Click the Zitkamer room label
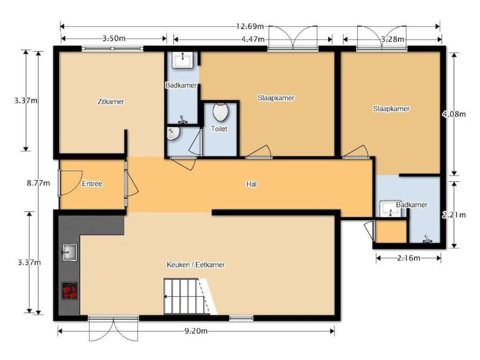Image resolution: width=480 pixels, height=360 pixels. [x=111, y=102]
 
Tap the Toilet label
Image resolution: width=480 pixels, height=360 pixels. [x=219, y=129]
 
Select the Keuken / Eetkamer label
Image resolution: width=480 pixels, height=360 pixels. [x=195, y=265]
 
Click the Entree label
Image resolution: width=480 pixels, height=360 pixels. [x=92, y=183]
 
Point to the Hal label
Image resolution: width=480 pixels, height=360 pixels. [x=251, y=184]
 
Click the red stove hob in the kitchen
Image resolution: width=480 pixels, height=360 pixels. [x=70, y=291]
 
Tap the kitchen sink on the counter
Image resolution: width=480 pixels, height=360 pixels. [x=70, y=252]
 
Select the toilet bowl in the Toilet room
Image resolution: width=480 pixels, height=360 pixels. [x=221, y=112]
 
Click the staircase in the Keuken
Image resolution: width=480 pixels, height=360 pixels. [x=190, y=296]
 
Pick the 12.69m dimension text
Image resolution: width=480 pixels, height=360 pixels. [x=250, y=26]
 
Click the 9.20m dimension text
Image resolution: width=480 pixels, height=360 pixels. [x=196, y=331]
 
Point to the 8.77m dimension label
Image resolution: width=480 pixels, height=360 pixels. [x=38, y=183]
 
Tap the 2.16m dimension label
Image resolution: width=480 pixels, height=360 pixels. [x=409, y=258]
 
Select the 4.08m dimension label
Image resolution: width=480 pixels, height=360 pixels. [x=454, y=114]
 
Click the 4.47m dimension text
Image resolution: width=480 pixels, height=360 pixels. [x=253, y=39]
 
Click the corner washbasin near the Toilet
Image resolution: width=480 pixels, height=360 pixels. [x=173, y=133]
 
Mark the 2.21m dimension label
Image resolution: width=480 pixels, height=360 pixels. [x=454, y=215]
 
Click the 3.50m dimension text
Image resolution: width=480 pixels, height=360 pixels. [x=114, y=38]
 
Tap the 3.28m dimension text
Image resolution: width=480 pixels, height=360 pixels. [x=393, y=39]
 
